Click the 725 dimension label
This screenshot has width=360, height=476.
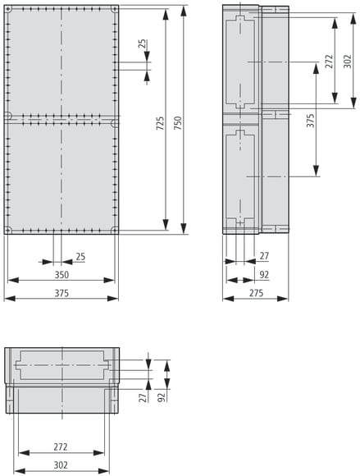tap(160, 123)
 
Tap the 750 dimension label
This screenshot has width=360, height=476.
tap(178, 123)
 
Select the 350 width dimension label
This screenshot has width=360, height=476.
tap(62, 275)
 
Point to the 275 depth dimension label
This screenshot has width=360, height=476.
tap(257, 293)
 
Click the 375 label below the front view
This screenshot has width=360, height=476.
tap(62, 293)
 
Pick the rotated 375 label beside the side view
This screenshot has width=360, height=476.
tap(310, 121)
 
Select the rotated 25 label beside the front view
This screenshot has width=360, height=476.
tap(142, 44)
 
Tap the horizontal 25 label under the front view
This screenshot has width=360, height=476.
tap(80, 257)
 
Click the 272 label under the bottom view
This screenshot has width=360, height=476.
tap(61, 446)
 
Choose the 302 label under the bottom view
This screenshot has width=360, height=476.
tap(61, 465)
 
